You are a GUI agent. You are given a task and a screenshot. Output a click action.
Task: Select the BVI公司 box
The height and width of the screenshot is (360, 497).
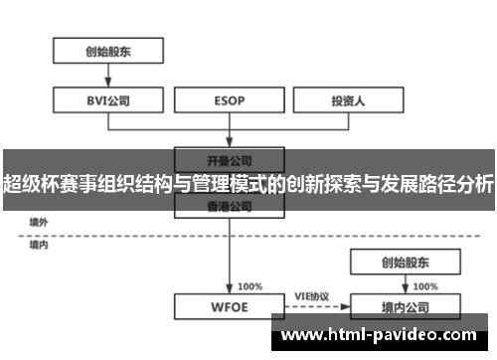coord(106,100)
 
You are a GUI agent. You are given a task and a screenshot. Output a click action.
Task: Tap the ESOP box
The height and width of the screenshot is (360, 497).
coord(230,100)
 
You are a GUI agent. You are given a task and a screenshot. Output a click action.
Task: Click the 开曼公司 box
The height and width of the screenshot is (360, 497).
coord(230,158)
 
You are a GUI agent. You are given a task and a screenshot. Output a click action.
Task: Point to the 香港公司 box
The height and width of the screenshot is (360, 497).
coord(230,207)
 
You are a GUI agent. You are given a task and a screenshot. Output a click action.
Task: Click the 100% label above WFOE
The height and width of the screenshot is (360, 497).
coord(250,285)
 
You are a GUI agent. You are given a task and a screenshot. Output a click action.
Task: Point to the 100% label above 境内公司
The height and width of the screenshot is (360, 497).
coord(424,285)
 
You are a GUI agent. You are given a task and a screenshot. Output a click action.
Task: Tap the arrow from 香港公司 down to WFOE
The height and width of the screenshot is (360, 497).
coord(230,255)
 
